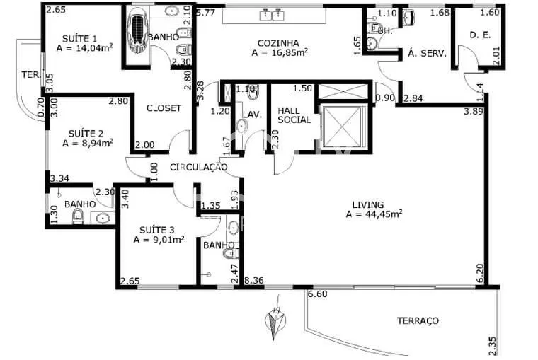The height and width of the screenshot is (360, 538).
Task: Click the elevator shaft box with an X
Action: click(x=343, y=128)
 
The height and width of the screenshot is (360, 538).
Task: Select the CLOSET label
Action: click(x=164, y=108)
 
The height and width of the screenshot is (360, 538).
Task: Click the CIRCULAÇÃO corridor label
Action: click(x=198, y=167)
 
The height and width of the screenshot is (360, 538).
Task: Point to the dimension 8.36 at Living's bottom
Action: click(x=253, y=281)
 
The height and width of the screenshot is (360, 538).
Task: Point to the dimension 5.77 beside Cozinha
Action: click(x=206, y=12)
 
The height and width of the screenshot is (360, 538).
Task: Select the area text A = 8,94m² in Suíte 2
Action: click(x=88, y=142)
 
